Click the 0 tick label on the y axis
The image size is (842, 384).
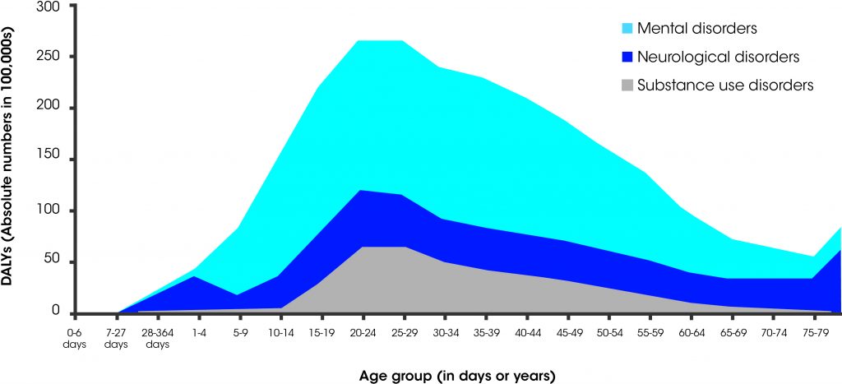pos(55,312)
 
